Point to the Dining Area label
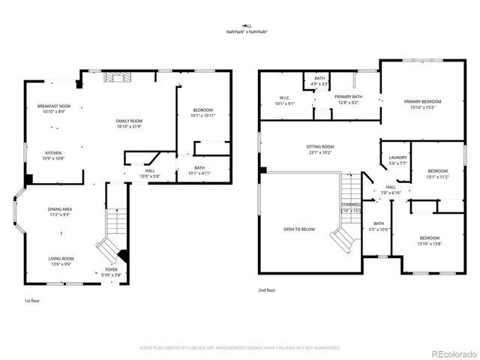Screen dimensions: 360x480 (x=60, y=211)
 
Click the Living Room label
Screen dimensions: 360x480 (x=60, y=260)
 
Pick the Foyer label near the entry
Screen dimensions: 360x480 (x=111, y=272)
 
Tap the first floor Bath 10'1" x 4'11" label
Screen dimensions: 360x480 (x=199, y=169)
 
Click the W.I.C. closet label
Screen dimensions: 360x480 (x=285, y=100)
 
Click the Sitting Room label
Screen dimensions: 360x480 (x=319, y=149)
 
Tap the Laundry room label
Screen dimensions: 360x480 (x=397, y=160)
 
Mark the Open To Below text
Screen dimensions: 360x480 (x=298, y=229)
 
